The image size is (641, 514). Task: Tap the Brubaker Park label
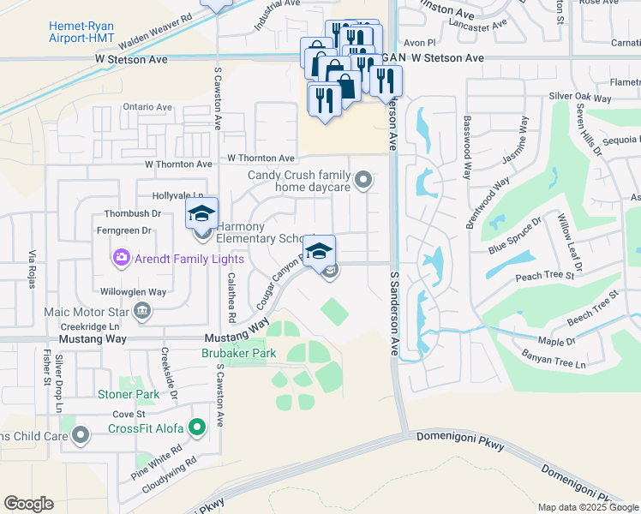pos(238,353)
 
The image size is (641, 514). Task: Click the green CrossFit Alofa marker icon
pos(198,427)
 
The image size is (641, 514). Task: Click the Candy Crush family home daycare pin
pos(364,180)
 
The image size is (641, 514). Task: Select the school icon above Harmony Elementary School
pos(202,212)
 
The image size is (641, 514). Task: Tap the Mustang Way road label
pos(93,339)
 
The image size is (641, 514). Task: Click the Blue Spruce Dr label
pos(515,236)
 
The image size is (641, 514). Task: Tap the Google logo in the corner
pos(28,504)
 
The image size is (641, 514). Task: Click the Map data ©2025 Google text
pos(588,507)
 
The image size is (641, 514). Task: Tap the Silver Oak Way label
pos(580,96)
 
